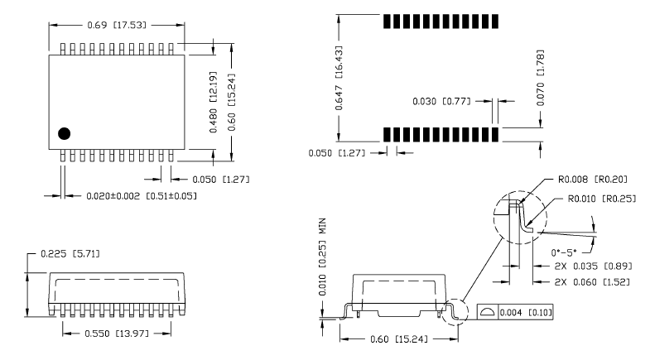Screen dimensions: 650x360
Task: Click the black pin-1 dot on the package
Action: [65, 133]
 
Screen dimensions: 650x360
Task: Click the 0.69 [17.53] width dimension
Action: [117, 26]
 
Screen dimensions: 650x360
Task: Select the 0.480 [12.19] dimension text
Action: [213, 102]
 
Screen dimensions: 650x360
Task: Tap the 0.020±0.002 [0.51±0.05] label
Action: [142, 195]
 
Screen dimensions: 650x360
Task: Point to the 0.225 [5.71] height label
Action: [70, 253]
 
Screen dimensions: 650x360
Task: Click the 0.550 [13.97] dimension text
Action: [117, 334]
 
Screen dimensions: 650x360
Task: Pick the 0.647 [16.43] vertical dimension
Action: [339, 78]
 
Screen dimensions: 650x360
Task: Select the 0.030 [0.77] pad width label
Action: [441, 102]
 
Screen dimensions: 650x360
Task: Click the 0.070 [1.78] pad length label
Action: [540, 78]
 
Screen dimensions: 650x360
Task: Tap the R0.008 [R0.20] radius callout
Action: [593, 180]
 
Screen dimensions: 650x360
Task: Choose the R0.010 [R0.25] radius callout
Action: [601, 199]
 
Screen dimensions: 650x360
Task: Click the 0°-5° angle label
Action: [564, 252]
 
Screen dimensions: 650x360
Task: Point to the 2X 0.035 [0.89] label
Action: [593, 266]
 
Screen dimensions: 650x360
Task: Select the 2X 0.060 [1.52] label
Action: [592, 282]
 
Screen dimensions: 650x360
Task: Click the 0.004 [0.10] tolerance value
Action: [526, 312]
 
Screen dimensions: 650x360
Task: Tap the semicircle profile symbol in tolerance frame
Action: [488, 313]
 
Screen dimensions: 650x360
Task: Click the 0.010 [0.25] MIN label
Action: [322, 257]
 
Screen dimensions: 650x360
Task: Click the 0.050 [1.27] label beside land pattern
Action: [337, 153]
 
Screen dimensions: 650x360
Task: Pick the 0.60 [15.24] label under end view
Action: [399, 339]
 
